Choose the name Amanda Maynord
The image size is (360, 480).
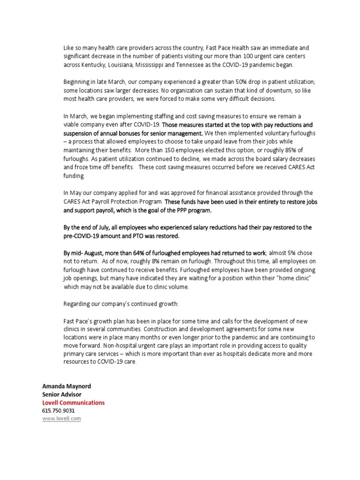67,386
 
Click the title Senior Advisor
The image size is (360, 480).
62,395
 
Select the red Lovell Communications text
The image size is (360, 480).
74,403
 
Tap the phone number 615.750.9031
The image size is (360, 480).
59,411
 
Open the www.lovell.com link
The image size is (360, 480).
61,419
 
